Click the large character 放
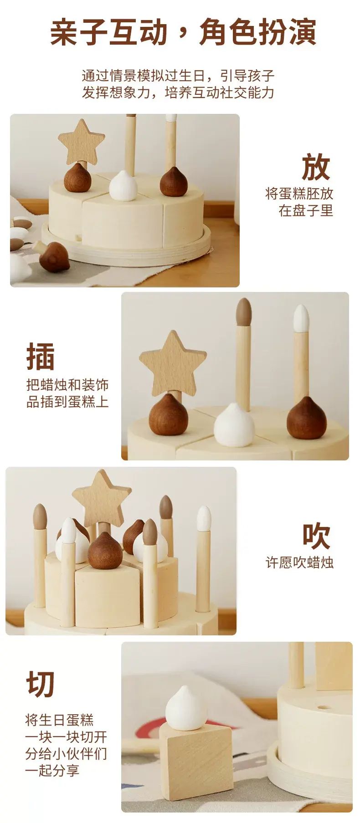coord(315,167)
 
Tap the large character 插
coord(41,356)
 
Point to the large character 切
coord(41,684)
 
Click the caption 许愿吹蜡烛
coord(299,562)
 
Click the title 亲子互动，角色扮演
coord(183,32)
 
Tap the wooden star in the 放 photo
coord(81,142)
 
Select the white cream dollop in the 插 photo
coord(234,425)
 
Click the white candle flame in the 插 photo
coord(301,319)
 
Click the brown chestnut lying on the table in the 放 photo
coord(53,257)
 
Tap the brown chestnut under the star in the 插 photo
coord(168,414)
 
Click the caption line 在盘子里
coord(306,210)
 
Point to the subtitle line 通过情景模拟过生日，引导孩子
coord(178,75)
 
